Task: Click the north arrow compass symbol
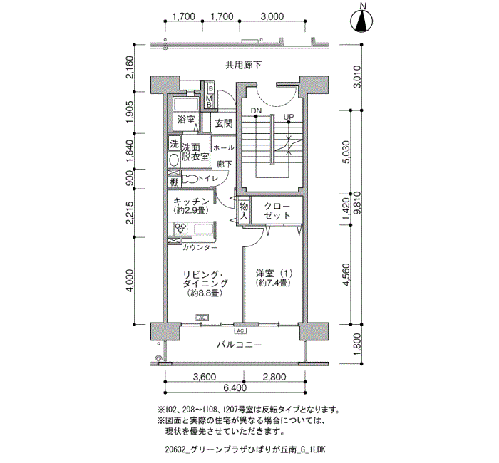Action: [x=361, y=21]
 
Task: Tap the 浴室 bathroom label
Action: [x=186, y=120]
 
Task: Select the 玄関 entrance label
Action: [x=224, y=123]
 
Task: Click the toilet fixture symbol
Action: [x=190, y=179]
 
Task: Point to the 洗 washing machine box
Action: [x=174, y=144]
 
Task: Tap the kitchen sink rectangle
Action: [x=205, y=229]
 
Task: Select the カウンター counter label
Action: [x=200, y=248]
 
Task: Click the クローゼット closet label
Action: [x=277, y=211]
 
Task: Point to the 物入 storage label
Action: [x=244, y=211]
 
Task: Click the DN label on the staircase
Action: [x=256, y=110]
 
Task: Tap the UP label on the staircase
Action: [x=289, y=117]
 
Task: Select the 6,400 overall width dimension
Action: [x=235, y=387]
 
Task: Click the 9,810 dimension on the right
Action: [x=357, y=203]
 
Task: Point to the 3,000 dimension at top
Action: [x=272, y=16]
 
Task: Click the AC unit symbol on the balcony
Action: [x=240, y=331]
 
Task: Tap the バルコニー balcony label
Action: [x=240, y=345]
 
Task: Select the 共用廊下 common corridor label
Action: [x=244, y=66]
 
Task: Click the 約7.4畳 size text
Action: [x=273, y=283]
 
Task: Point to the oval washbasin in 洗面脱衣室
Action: [x=174, y=160]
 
